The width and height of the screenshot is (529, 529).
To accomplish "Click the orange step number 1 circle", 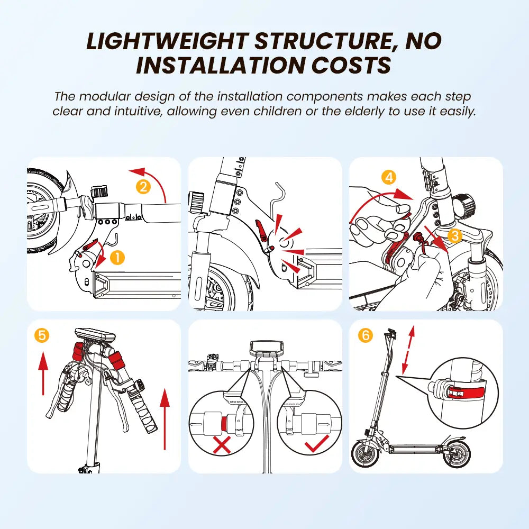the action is click(117, 258).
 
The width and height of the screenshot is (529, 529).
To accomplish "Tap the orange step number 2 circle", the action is click(143, 187).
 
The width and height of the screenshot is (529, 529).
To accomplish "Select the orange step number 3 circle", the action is click(455, 235).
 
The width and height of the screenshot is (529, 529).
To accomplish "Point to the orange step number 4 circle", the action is click(389, 177).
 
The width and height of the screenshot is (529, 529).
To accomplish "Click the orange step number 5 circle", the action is click(42, 335).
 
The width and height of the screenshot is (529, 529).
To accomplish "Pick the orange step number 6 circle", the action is click(366, 335).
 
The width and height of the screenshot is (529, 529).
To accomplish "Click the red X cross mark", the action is click(222, 445).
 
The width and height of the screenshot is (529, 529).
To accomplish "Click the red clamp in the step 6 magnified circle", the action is click(466, 392).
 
